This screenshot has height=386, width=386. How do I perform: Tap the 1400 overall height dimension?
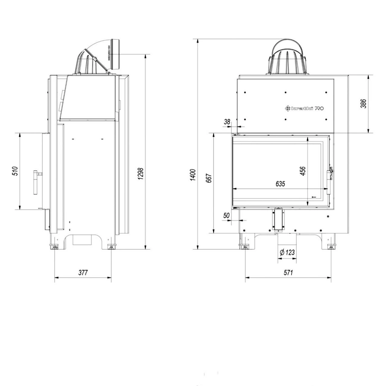click(193, 175)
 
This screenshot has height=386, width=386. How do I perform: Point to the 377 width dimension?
click(83, 273)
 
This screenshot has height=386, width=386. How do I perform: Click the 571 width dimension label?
click(288, 273)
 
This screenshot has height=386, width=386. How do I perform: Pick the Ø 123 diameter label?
click(287, 252)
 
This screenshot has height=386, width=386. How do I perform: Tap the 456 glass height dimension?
click(303, 171)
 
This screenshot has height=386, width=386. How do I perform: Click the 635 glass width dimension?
click(280, 184)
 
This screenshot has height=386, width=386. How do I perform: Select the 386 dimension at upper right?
click(364, 103)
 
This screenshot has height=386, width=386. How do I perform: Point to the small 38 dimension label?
click(227, 122)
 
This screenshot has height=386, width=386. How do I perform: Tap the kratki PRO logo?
click(305, 108)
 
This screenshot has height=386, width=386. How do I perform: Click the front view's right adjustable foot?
click(331, 245)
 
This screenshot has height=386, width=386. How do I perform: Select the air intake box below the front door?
click(278, 219)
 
